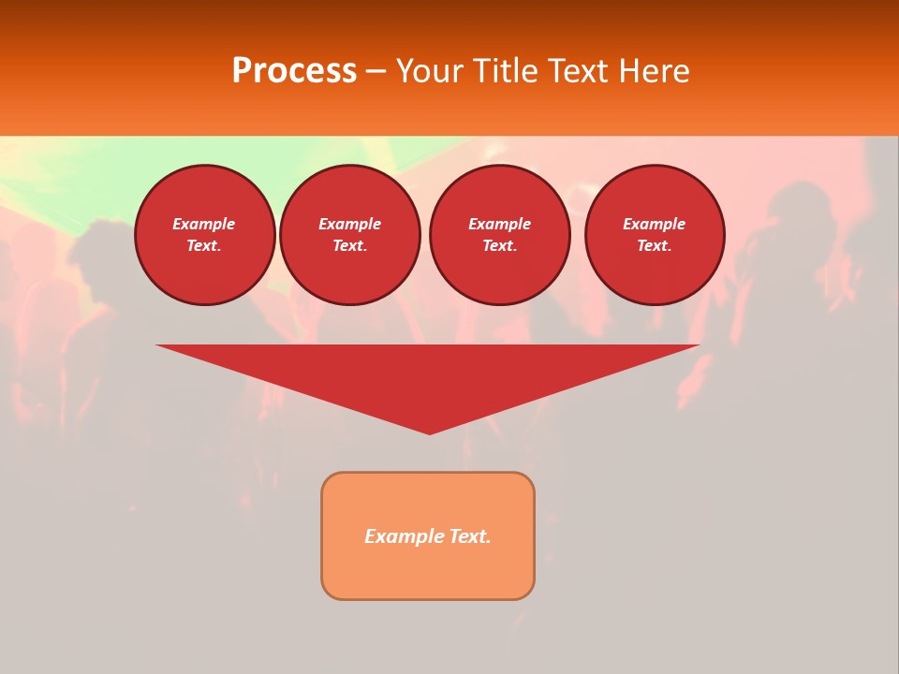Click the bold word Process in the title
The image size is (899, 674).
[x=294, y=71]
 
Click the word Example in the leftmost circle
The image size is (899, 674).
[x=204, y=224]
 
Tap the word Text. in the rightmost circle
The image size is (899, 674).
[x=655, y=246]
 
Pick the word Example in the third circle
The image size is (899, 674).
[x=500, y=224]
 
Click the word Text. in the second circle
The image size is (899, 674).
[x=350, y=246]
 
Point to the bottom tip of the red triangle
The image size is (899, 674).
[x=429, y=432]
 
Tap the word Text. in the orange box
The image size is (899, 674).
[x=471, y=536]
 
